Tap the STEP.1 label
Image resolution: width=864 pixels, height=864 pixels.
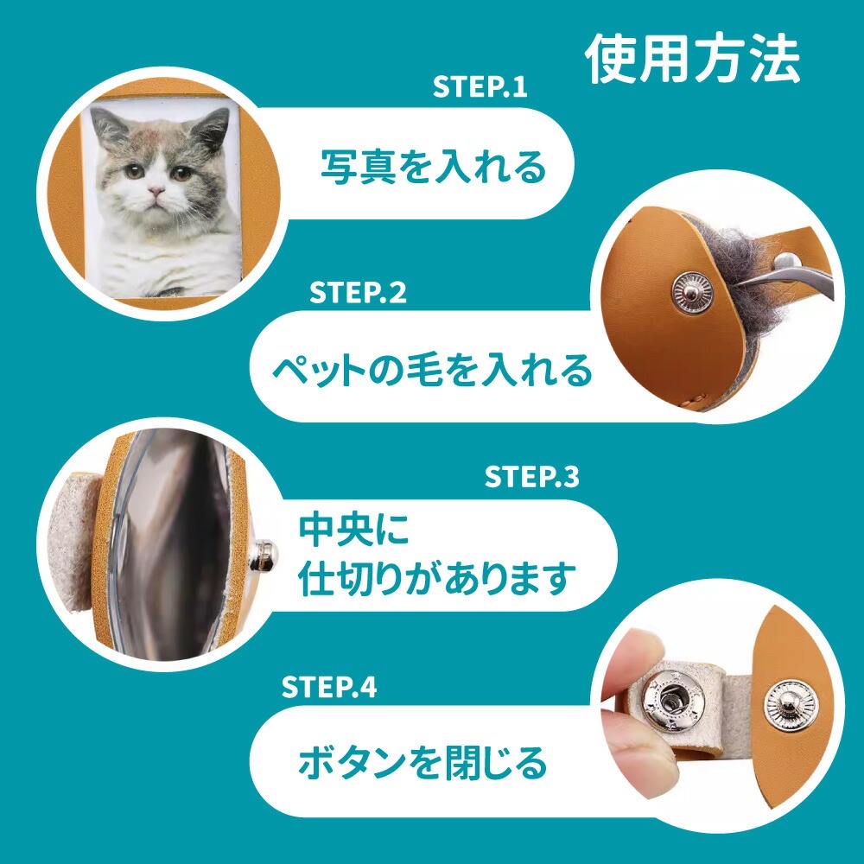[x=480, y=87]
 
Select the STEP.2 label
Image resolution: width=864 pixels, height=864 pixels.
[x=358, y=292]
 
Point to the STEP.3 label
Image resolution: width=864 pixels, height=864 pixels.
[x=531, y=477]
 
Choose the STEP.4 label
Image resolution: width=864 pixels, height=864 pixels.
[x=329, y=687]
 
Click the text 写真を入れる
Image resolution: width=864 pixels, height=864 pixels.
[x=433, y=167]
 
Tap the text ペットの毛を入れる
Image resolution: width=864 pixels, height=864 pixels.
[x=433, y=370]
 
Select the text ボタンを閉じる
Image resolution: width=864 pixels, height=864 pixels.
[x=422, y=762]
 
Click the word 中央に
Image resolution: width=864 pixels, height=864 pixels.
[x=353, y=530]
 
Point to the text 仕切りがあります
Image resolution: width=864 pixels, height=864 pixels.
[x=437, y=578]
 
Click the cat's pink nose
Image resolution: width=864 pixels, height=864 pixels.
[x=156, y=191]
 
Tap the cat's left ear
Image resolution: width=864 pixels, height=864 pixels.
[x=108, y=128]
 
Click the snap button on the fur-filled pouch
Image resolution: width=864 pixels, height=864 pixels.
[x=692, y=293]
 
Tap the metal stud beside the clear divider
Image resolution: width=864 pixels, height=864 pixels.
[x=264, y=556]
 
